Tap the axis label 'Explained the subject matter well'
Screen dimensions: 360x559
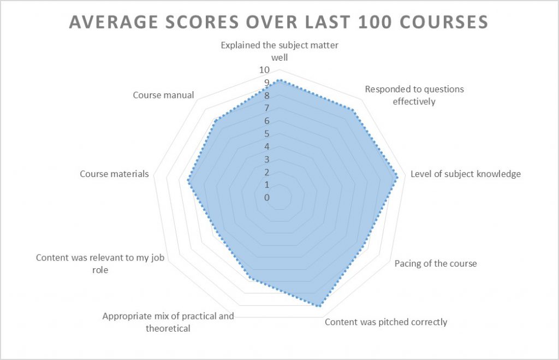tap(279, 51)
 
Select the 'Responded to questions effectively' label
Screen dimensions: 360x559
tap(414, 95)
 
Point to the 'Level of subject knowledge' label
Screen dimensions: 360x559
tap(466, 174)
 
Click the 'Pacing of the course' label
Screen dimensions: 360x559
tap(436, 263)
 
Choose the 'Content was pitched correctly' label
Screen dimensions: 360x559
tap(386, 322)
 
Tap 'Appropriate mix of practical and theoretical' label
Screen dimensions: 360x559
tap(168, 322)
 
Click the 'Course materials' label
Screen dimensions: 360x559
tap(114, 174)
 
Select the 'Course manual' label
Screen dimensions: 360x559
tap(163, 95)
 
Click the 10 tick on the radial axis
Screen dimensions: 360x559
tap(264, 70)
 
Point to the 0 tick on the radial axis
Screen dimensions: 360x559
tap(267, 198)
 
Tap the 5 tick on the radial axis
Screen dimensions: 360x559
tap(267, 134)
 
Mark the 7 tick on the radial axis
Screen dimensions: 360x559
tap(267, 108)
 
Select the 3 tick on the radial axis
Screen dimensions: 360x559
tap(267, 160)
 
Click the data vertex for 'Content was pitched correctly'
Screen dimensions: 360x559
tap(319, 306)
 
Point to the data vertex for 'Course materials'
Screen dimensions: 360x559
tap(189, 182)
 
